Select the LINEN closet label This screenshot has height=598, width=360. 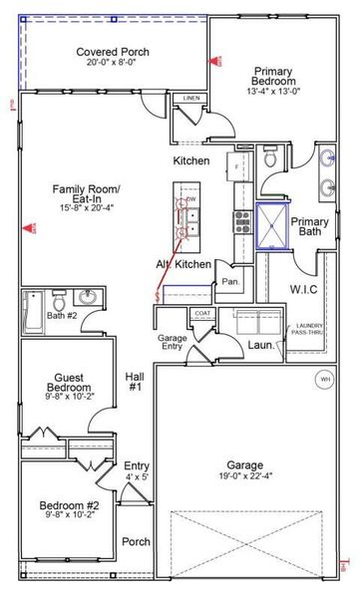pos(190,98)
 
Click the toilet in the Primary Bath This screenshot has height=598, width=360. pos(270,157)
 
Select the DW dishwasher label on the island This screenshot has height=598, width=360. pos(190,200)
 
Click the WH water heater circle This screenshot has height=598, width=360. pos(324,380)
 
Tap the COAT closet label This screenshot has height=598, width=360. pos(203,313)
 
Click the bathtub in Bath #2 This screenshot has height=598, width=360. pos(31,311)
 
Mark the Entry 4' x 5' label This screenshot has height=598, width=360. pos(136,470)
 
